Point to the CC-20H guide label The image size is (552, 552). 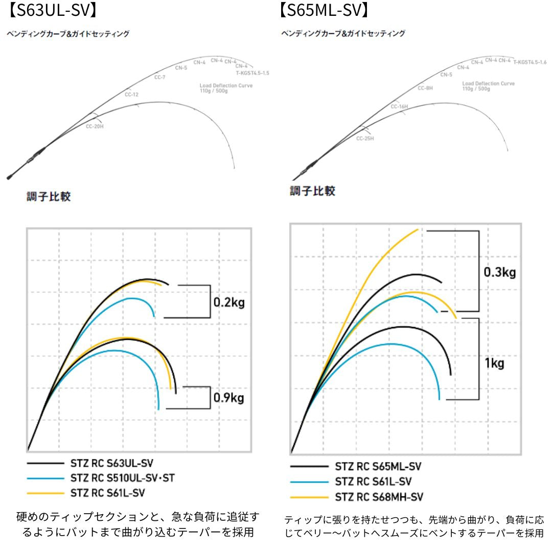coord(95,126)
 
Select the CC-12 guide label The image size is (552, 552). coord(131,95)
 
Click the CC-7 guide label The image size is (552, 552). coord(160,77)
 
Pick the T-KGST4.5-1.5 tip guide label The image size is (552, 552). coord(252,73)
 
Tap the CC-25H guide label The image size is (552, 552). coord(365,138)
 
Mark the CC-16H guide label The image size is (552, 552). coord(399,106)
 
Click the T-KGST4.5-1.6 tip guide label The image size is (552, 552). coord(530,62)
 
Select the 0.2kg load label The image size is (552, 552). coord(229,302)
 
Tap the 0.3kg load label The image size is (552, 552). coord(500,272)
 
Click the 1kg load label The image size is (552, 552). coord(494,363)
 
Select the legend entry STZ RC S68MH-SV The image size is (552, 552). coord(379,496)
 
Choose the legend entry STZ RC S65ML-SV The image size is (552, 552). coord(378,466)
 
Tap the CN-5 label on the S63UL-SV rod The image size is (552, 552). coord(181,67)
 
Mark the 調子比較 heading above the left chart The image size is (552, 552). coord(49,197)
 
